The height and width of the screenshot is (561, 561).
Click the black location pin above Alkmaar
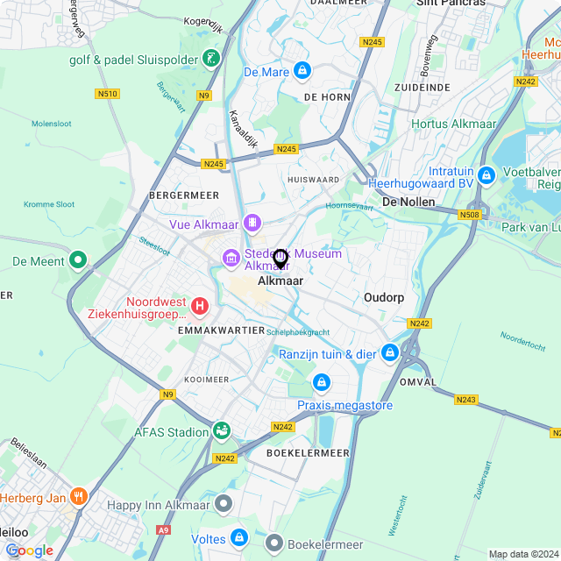[x=280, y=259]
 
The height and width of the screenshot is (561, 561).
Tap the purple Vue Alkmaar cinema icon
[x=252, y=224]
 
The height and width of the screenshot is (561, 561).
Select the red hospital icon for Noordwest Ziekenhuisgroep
[x=201, y=307]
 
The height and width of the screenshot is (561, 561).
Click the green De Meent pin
[x=78, y=260]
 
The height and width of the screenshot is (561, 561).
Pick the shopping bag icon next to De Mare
[x=302, y=70]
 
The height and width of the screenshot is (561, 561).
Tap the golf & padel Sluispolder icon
[x=210, y=59]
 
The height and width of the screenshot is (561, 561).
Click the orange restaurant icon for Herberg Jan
[x=78, y=497]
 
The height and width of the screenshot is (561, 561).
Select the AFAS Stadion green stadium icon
[x=222, y=430]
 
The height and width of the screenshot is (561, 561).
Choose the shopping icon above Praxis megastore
[x=322, y=383]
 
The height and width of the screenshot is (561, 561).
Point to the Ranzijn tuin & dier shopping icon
[x=388, y=353]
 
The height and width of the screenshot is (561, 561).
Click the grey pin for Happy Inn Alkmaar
[x=225, y=504]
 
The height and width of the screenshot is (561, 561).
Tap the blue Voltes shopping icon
[x=239, y=537]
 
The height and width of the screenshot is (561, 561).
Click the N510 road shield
[x=108, y=94]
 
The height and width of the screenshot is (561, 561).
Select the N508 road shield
[x=470, y=214]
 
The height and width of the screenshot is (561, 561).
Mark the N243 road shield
[x=465, y=400]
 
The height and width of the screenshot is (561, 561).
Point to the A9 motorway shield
[x=163, y=530]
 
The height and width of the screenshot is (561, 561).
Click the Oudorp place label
[x=384, y=298]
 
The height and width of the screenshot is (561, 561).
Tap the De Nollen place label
[x=410, y=202]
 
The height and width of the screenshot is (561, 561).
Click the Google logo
[x=29, y=550]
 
